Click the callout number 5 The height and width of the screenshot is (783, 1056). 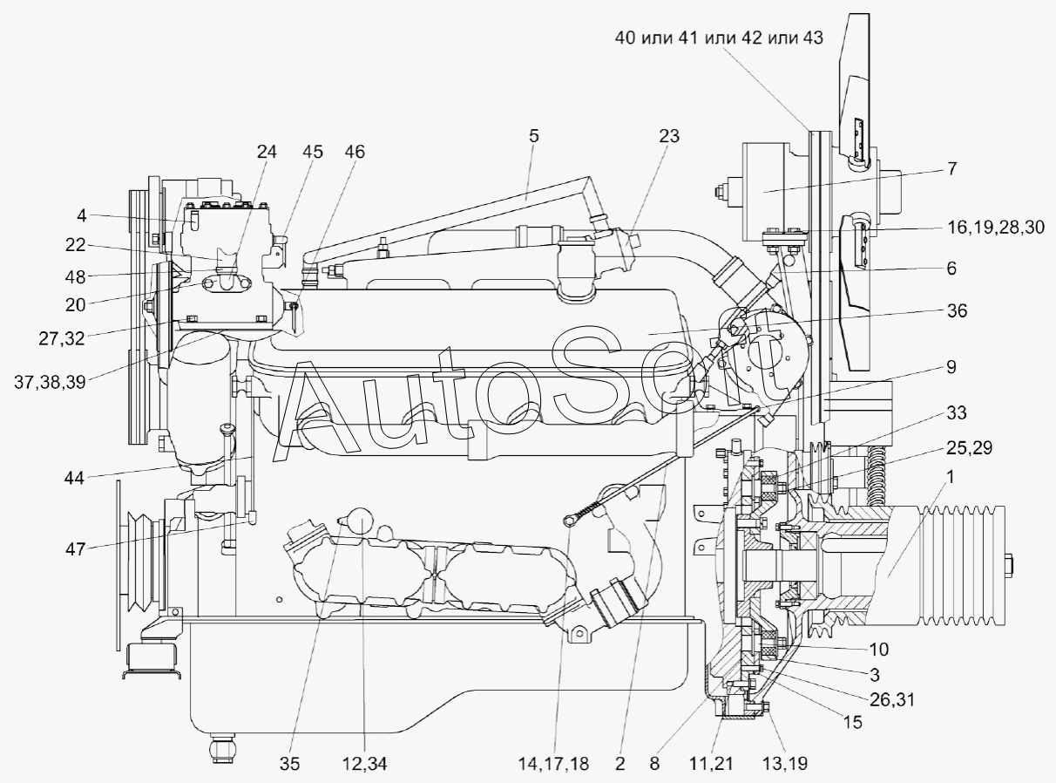pyautogui.click(x=533, y=135)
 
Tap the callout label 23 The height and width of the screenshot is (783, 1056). pyautogui.click(x=669, y=135)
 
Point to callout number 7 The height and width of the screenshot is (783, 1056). pyautogui.click(x=951, y=169)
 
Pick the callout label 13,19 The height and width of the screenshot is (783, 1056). pyautogui.click(x=787, y=764)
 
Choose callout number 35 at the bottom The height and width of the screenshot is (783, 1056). pyautogui.click(x=289, y=764)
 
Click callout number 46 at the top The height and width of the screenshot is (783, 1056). pyautogui.click(x=355, y=152)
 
